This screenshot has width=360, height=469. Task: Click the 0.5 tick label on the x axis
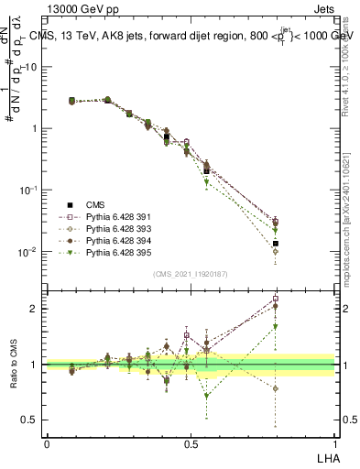(x=191, y=442)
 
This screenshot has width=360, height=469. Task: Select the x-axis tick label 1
(x=335, y=442)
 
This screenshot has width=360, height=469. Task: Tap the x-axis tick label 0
(x=47, y=442)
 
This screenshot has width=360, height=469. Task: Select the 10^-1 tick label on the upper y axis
(x=27, y=190)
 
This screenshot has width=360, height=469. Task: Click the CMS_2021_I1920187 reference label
(x=190, y=273)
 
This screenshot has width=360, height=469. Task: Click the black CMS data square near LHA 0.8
(x=276, y=244)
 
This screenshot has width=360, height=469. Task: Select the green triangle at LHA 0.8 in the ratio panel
(x=276, y=326)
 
